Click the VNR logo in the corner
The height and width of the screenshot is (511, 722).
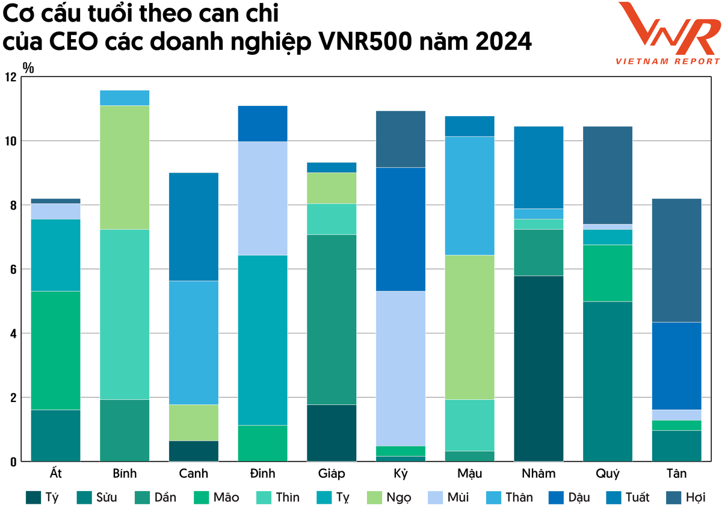pos(668,33)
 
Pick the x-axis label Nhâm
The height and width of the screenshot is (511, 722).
pos(538,474)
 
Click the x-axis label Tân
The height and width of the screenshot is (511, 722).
pos(676,474)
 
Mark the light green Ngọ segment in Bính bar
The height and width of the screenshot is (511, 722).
pos(125,167)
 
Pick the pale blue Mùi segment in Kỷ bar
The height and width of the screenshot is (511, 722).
pos(401,368)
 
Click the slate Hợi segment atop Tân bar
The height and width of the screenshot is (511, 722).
pos(676,260)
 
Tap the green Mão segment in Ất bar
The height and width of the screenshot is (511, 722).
pos(55,350)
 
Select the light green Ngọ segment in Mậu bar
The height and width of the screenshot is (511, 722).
pos(469,327)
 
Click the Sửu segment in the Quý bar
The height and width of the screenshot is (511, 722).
pos(608,381)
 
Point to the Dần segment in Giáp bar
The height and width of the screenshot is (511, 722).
pos(332,319)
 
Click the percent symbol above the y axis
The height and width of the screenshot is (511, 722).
pos(28,67)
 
